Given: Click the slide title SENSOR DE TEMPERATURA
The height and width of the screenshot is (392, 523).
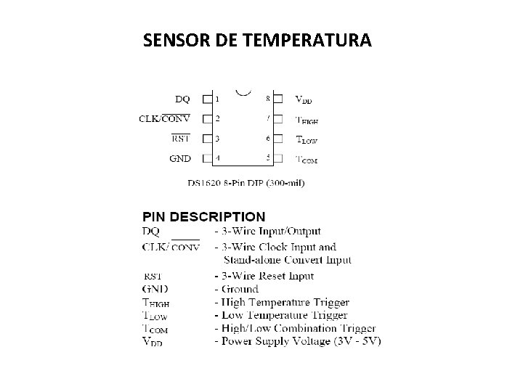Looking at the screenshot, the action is (257, 41).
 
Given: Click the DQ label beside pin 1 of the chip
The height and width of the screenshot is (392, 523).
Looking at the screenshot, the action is (183, 98).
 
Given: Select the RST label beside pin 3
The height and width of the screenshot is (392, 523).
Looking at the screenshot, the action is (180, 138).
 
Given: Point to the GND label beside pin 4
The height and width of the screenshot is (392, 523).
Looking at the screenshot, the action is (180, 158).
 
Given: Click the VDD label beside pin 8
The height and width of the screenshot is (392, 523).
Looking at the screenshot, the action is (304, 99).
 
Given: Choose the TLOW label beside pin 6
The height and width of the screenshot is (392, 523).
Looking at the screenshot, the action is (306, 139).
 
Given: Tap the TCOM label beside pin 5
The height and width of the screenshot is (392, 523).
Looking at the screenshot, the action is (306, 159).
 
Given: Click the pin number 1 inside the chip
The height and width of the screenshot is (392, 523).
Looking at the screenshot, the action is (217, 98).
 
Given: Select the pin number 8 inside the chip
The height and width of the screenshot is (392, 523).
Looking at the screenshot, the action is (268, 98).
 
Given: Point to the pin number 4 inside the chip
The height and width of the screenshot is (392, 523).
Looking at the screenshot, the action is (217, 158).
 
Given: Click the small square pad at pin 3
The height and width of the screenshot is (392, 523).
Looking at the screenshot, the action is (207, 138).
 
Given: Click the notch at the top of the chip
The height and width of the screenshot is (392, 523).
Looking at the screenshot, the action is (244, 92).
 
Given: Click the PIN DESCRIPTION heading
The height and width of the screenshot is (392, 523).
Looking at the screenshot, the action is (203, 216).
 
